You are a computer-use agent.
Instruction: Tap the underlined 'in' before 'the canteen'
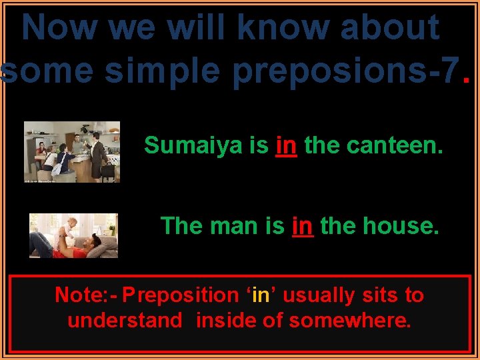[x=286, y=145]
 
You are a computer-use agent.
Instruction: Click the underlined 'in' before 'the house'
[x=302, y=226]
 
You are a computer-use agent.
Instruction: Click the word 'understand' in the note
[x=125, y=321]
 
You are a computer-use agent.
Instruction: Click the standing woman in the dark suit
[x=98, y=151]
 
